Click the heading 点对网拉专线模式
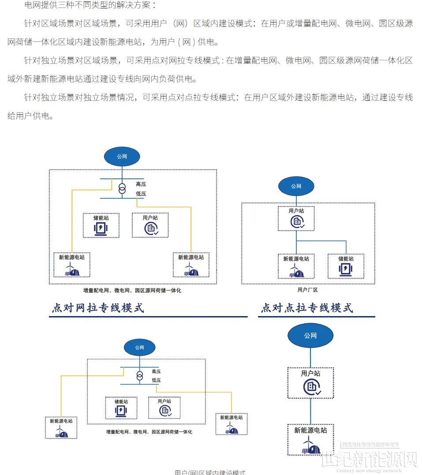click(98, 308)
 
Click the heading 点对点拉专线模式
click(307, 308)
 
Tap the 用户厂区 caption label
click(307, 290)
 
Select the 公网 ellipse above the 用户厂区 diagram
click(296, 186)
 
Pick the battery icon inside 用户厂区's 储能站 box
click(346, 270)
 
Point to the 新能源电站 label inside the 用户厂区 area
click(296, 259)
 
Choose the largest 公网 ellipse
click(310, 335)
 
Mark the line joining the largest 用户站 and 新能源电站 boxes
click(310, 411)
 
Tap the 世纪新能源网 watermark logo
click(369, 460)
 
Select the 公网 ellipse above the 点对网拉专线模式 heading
click(122, 156)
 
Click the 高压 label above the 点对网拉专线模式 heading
click(141, 184)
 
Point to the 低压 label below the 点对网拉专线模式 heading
click(156, 380)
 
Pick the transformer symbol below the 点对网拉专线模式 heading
click(140, 376)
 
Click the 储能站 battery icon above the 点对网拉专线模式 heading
click(101, 228)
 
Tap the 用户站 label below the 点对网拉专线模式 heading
click(164, 401)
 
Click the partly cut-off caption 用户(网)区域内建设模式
click(209, 472)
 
